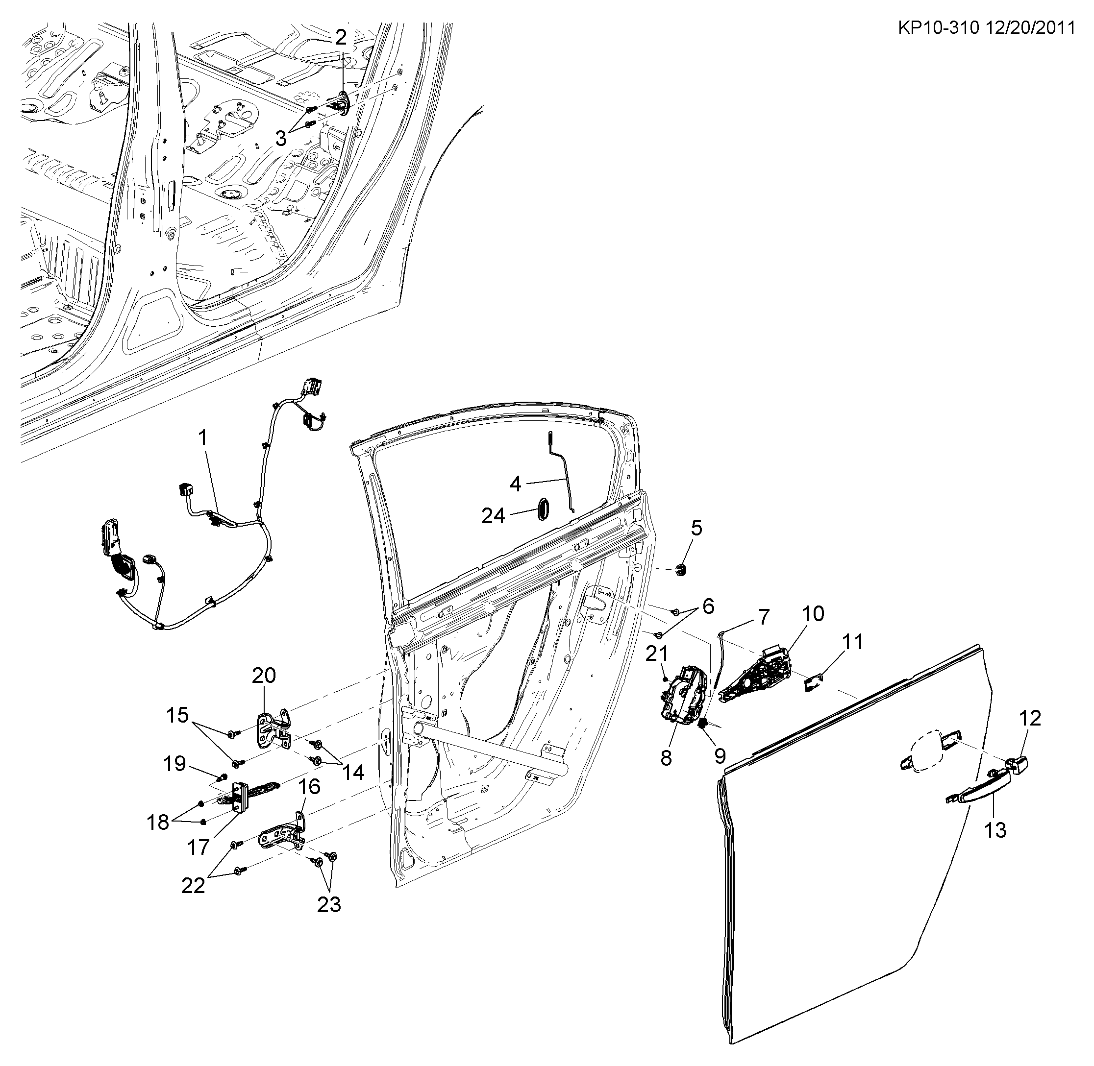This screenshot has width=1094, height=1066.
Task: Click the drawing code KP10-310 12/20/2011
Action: coord(985,28)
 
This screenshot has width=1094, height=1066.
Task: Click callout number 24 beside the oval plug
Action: coord(493,516)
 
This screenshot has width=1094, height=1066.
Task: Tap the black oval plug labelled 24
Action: coord(542,508)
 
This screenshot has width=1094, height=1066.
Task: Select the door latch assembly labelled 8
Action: coord(682,695)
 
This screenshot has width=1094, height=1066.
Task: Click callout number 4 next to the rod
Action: coord(515,483)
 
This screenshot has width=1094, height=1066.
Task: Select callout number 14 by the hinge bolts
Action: coord(353,772)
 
